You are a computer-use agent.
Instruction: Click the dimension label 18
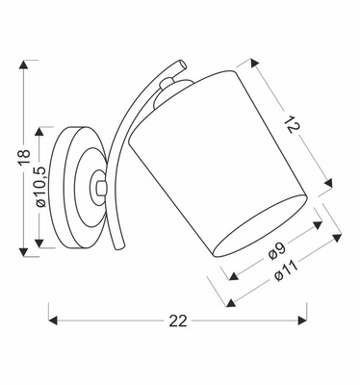(24, 157)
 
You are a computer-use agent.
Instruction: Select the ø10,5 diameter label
(41, 187)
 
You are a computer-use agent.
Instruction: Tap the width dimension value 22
(178, 321)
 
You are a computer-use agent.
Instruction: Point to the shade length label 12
(293, 124)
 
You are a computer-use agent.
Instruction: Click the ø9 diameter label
(277, 251)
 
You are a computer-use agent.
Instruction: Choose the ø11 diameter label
(285, 271)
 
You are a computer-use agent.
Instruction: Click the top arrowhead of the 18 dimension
(23, 64)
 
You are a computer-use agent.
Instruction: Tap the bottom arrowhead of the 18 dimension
(24, 252)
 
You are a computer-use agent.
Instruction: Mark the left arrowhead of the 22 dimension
(53, 321)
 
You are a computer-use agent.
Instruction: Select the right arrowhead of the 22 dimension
(302, 321)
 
